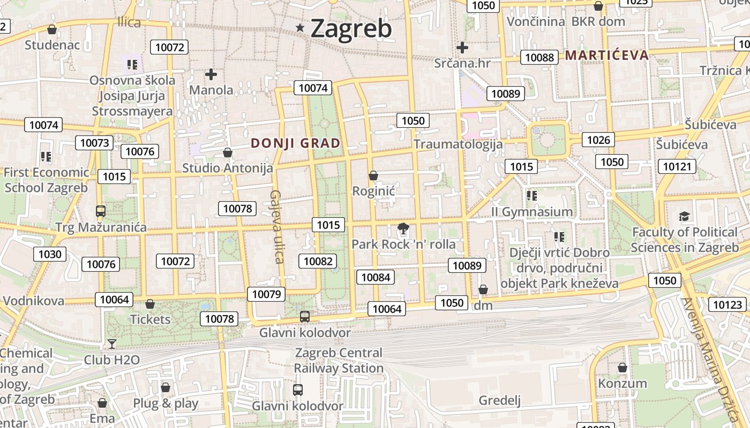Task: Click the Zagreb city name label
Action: pyautogui.click(x=351, y=28)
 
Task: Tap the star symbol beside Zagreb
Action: pyautogui.click(x=301, y=28)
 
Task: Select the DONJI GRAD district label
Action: pyautogui.click(x=296, y=143)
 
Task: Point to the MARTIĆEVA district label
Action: pyautogui.click(x=606, y=55)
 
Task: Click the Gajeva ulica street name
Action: pyautogui.click(x=277, y=227)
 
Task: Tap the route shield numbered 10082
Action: pyautogui.click(x=318, y=261)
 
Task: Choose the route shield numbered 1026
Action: pyautogui.click(x=598, y=140)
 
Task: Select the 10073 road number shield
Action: pyautogui.click(x=94, y=143)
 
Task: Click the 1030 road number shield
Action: pyautogui.click(x=50, y=254)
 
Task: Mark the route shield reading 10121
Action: pyautogui.click(x=677, y=166)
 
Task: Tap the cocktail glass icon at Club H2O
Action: pyautogui.click(x=111, y=343)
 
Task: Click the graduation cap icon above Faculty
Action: pyautogui.click(x=684, y=216)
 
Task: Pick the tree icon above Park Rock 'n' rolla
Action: pyautogui.click(x=403, y=230)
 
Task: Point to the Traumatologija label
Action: pyautogui.click(x=458, y=144)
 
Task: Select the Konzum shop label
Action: pyautogui.click(x=622, y=384)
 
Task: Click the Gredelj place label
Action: pyautogui.click(x=499, y=401)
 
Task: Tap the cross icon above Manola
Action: pyautogui.click(x=211, y=74)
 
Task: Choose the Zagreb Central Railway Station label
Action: pyautogui.click(x=339, y=361)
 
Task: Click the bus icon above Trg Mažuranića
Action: pyautogui.click(x=100, y=211)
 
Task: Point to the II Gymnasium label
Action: pyautogui.click(x=532, y=212)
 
